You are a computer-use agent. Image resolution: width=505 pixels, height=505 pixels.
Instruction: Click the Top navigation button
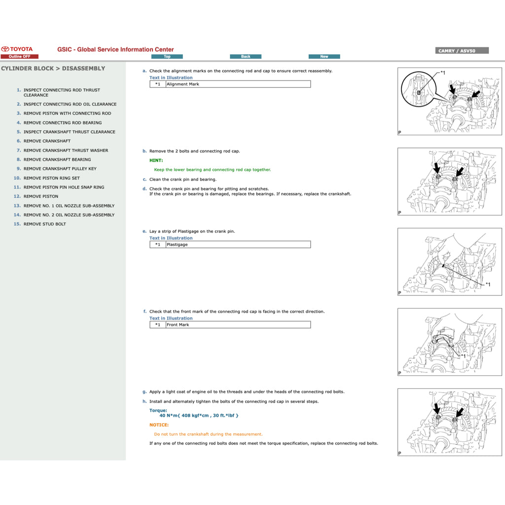tap(167, 57)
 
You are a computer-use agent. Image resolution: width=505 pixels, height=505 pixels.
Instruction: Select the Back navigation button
tap(246, 57)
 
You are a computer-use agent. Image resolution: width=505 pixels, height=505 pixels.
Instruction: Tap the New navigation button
tap(324, 57)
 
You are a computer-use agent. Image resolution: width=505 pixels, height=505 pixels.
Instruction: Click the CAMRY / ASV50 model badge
tap(463, 51)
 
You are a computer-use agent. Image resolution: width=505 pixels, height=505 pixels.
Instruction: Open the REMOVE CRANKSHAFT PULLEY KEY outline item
tap(60, 169)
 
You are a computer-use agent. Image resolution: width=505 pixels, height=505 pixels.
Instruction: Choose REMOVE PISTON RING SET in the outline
tap(51, 178)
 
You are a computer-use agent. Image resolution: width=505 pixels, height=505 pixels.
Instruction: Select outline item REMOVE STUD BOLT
tap(44, 224)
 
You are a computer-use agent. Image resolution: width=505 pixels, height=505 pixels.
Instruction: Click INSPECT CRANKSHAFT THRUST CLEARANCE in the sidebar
tap(69, 132)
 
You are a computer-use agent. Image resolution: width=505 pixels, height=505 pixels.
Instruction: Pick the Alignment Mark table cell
tap(238, 84)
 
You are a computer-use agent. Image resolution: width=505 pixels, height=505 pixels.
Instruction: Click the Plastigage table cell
tap(238, 245)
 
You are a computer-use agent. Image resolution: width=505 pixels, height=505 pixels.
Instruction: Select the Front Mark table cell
tap(238, 325)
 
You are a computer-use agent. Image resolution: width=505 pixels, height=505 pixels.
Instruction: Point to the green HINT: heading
tap(156, 160)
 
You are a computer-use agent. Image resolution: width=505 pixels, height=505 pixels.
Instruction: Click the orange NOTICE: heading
tap(159, 425)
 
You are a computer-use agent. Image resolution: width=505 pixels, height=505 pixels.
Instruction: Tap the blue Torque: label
tap(158, 410)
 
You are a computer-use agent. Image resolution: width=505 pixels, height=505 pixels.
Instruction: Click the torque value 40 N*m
tap(199, 415)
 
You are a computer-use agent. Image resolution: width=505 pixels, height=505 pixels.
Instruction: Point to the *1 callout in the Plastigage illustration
tap(488, 285)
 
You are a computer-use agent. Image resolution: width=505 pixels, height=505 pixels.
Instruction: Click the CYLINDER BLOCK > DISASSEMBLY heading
tap(53, 69)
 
